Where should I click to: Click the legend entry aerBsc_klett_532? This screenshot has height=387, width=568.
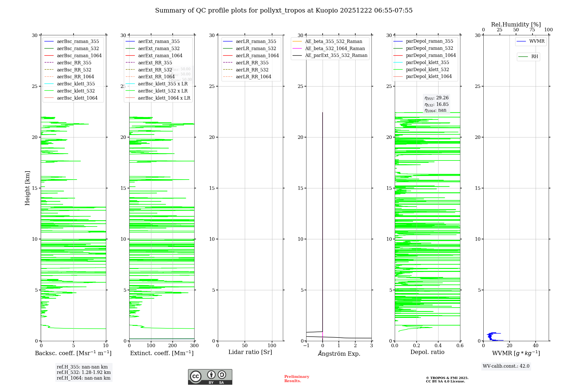click(76, 91)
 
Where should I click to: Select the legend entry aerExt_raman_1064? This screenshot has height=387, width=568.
click(160, 55)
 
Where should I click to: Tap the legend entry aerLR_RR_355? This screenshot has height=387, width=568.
click(252, 63)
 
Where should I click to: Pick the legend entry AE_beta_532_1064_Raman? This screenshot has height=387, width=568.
click(335, 48)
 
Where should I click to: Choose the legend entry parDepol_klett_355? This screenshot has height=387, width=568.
click(427, 62)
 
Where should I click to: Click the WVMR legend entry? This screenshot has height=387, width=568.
click(536, 41)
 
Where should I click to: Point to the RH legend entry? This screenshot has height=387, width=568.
click(534, 57)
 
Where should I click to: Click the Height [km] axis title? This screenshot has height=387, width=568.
click(27, 188)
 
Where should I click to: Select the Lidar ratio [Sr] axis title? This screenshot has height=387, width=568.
click(250, 352)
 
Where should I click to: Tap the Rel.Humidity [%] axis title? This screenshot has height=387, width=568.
click(516, 24)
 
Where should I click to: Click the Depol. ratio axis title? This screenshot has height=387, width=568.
click(427, 352)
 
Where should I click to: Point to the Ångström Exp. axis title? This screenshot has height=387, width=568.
click(339, 353)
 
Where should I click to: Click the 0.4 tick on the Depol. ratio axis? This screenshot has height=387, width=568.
click(438, 345)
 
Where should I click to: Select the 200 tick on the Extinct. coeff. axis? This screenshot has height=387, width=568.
click(173, 345)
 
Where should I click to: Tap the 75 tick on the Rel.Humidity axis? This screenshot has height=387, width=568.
click(532, 30)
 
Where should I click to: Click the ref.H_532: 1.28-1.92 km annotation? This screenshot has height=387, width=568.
click(83, 372)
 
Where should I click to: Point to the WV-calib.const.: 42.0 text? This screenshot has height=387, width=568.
click(506, 366)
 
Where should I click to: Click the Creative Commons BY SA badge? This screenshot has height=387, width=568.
click(210, 377)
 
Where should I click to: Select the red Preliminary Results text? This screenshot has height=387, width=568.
click(296, 379)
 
